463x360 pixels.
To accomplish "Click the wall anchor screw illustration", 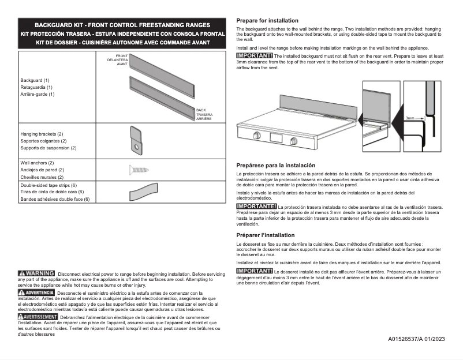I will pos(139,170).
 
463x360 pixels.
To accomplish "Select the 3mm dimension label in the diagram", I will pos(410,118).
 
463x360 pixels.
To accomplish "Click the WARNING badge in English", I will pos(37,273).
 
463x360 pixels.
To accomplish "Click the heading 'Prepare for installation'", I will pos(267,20).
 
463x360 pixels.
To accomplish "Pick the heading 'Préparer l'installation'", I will pos(266,235).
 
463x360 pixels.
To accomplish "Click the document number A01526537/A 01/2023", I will pos(416,339).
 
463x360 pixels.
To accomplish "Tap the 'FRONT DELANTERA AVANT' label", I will pos(118,61).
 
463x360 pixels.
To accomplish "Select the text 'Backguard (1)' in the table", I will pos(35,80).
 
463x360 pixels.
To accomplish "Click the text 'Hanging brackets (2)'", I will pos(42,134).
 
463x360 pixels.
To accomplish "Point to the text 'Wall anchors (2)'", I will pos(37,163).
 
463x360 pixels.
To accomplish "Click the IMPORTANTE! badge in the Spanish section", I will pos(256,206).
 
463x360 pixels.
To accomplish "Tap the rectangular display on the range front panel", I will pos(276,138).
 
